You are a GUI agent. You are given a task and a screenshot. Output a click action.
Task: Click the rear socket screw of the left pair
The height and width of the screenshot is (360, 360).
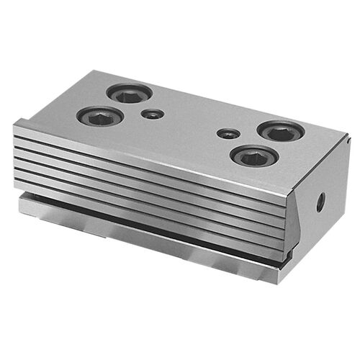[130, 93]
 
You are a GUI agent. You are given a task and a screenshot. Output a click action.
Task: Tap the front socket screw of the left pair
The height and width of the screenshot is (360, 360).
[100, 116]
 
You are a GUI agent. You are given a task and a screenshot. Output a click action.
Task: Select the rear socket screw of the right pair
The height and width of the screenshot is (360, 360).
[282, 131]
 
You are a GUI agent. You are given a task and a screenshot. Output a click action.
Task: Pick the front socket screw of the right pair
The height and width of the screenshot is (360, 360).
[253, 156]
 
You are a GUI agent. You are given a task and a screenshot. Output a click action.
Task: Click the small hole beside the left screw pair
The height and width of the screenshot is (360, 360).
[152, 114]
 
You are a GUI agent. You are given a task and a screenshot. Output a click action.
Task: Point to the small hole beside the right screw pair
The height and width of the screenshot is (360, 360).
[228, 134]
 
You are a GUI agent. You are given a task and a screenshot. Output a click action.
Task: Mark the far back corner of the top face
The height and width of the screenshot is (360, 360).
[96, 71]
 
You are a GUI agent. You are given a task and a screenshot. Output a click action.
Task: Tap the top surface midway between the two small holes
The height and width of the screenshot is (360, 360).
[190, 124]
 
